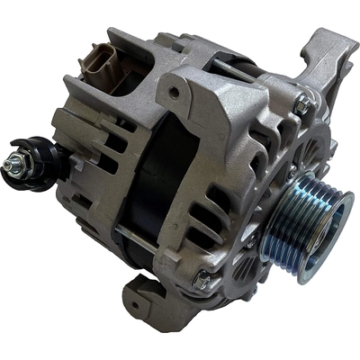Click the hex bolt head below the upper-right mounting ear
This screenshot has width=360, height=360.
coord(301,105)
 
